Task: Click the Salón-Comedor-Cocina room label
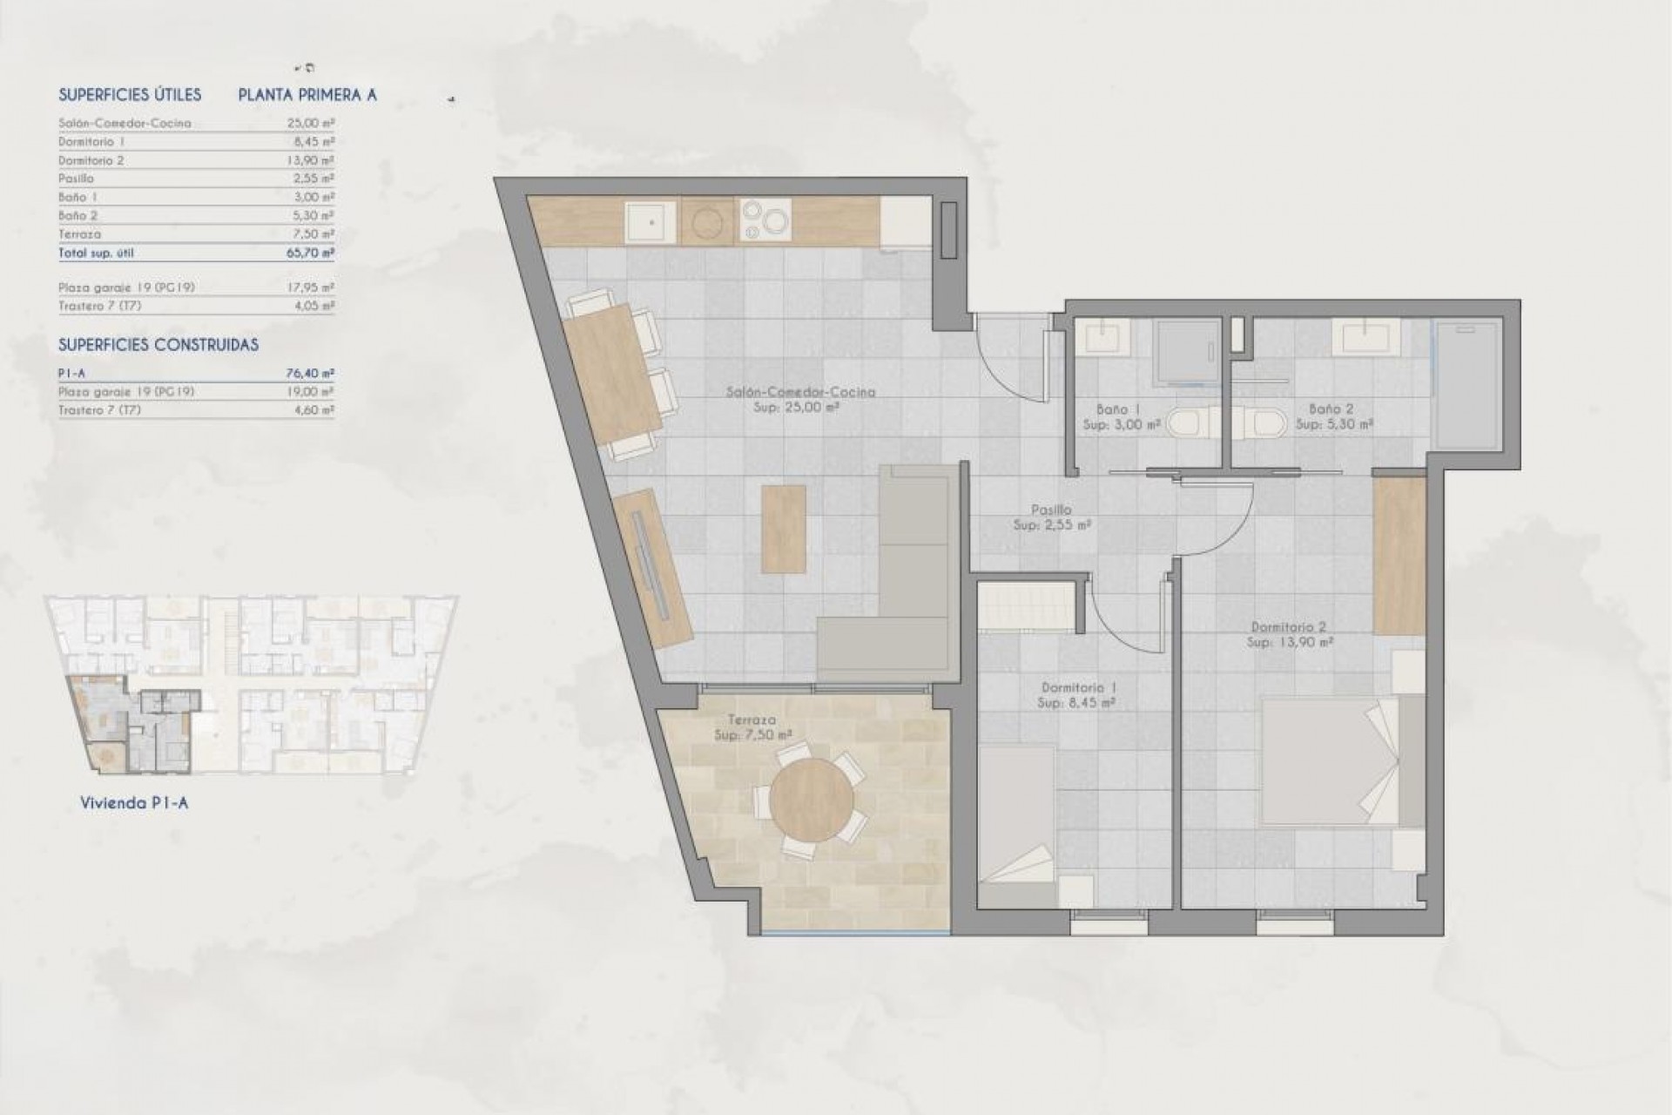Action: [800, 392]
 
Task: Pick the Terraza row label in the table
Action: [79, 234]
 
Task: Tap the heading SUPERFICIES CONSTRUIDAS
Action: [158, 345]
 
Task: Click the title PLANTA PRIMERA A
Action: [307, 96]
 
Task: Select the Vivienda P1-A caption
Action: [133, 803]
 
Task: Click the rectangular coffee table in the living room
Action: [783, 528]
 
